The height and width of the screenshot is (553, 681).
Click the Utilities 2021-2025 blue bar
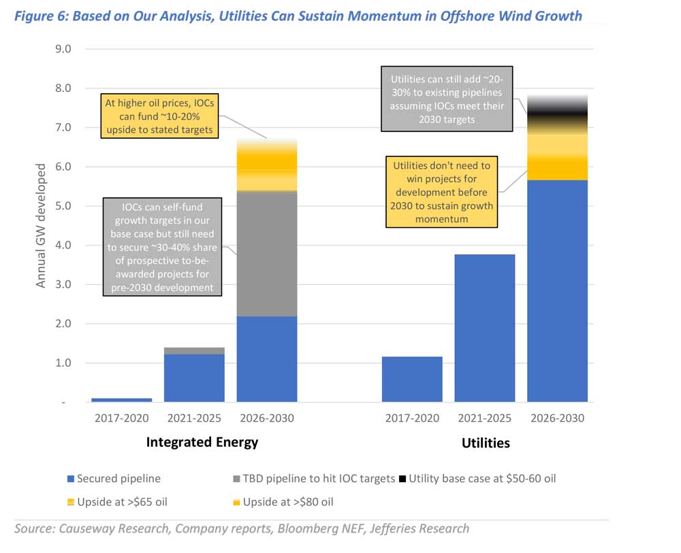[x=485, y=328]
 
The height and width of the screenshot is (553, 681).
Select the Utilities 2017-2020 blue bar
[x=412, y=379]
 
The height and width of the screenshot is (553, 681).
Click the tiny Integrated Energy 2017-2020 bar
[x=121, y=399]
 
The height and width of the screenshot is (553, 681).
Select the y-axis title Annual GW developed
[x=42, y=224]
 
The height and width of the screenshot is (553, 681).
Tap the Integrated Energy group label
[x=202, y=442]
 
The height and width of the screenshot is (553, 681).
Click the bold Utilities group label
[x=485, y=443]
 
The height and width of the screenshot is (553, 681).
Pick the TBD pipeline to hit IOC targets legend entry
[x=313, y=478]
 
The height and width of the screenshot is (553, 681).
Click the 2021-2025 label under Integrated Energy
[x=194, y=418]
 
